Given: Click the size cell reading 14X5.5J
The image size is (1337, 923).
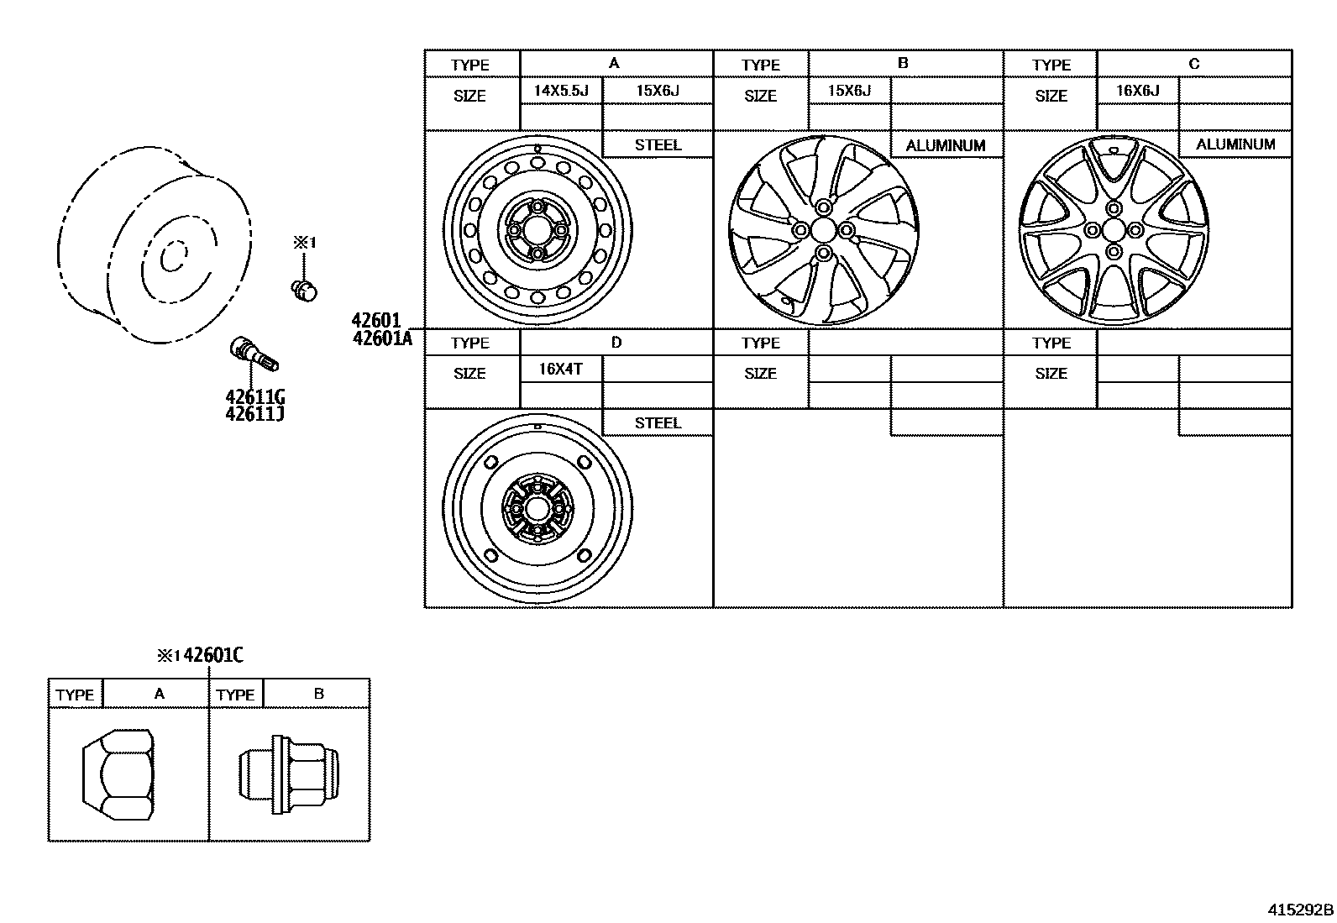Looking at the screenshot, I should coord(561,91).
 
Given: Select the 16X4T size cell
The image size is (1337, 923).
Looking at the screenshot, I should coord(561,369).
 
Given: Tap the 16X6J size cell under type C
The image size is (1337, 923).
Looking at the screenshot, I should coord(1137,91).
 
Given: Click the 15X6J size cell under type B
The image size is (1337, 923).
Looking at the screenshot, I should coord(849,91).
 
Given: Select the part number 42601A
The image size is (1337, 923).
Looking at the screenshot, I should coord(382,338).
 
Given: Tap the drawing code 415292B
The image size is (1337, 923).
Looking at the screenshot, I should coord(1300,910).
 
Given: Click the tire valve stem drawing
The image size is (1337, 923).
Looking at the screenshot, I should coord(253,354).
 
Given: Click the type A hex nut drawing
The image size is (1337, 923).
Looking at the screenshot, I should coord(118,774).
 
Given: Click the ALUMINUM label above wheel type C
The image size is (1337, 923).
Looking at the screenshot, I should coord(1235,144).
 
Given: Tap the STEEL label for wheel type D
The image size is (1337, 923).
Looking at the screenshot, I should coord(658,422).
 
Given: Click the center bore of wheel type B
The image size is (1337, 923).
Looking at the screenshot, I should coord(822,230).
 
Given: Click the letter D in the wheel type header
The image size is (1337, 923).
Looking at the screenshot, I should coord(616,342).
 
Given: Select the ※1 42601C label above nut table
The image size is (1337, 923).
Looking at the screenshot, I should coord(200,655).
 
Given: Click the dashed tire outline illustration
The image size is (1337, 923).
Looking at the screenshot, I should coord(155,244).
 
